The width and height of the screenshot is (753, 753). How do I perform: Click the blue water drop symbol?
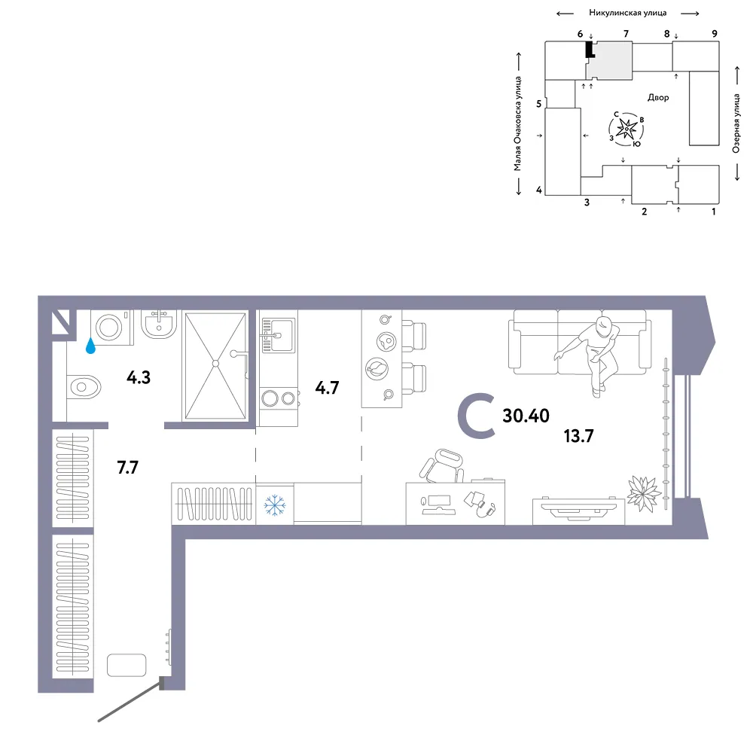(x=90, y=346)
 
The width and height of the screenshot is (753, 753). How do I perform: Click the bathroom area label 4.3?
(x=139, y=377)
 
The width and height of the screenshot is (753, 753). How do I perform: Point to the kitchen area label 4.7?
(x=327, y=388)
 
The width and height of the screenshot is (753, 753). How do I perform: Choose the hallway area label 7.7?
(x=128, y=468)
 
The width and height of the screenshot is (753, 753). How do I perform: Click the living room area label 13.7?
(x=578, y=436)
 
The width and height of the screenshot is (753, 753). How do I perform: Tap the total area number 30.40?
(x=526, y=416)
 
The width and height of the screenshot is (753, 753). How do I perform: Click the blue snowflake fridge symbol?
(x=275, y=506)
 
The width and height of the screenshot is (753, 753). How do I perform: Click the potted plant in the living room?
(x=643, y=493)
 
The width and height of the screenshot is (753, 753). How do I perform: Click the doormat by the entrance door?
(x=127, y=665)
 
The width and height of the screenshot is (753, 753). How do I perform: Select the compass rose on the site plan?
(x=626, y=130)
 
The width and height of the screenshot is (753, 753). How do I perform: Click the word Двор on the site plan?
(x=658, y=97)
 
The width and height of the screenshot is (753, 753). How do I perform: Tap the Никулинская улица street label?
(x=628, y=13)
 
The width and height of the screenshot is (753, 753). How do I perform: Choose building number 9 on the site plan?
(x=715, y=34)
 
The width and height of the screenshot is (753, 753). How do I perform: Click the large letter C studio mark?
(x=475, y=416)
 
